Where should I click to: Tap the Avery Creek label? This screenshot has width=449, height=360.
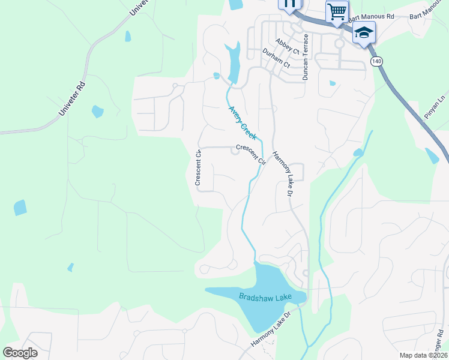click(243, 123)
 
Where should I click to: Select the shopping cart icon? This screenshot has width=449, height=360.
click(337, 11)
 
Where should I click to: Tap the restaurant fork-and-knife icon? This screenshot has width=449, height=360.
click(289, 4)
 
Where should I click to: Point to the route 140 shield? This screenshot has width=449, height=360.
click(376, 61)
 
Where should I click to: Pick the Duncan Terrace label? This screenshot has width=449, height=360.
click(306, 57)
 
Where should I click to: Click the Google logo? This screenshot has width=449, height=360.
click(20, 353)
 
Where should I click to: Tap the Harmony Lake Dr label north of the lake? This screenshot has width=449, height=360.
click(282, 174)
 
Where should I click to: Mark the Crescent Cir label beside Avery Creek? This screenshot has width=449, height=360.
click(250, 154)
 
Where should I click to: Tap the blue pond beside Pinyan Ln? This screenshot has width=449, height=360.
click(432, 155)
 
